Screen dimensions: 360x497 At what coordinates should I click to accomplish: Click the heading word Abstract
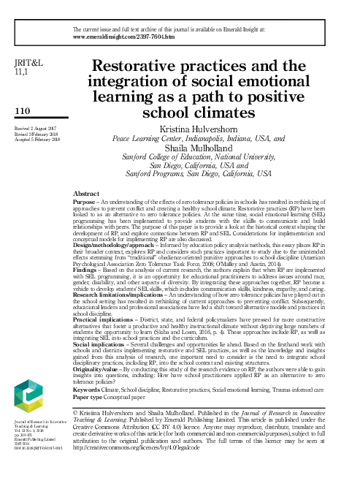[86, 193]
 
